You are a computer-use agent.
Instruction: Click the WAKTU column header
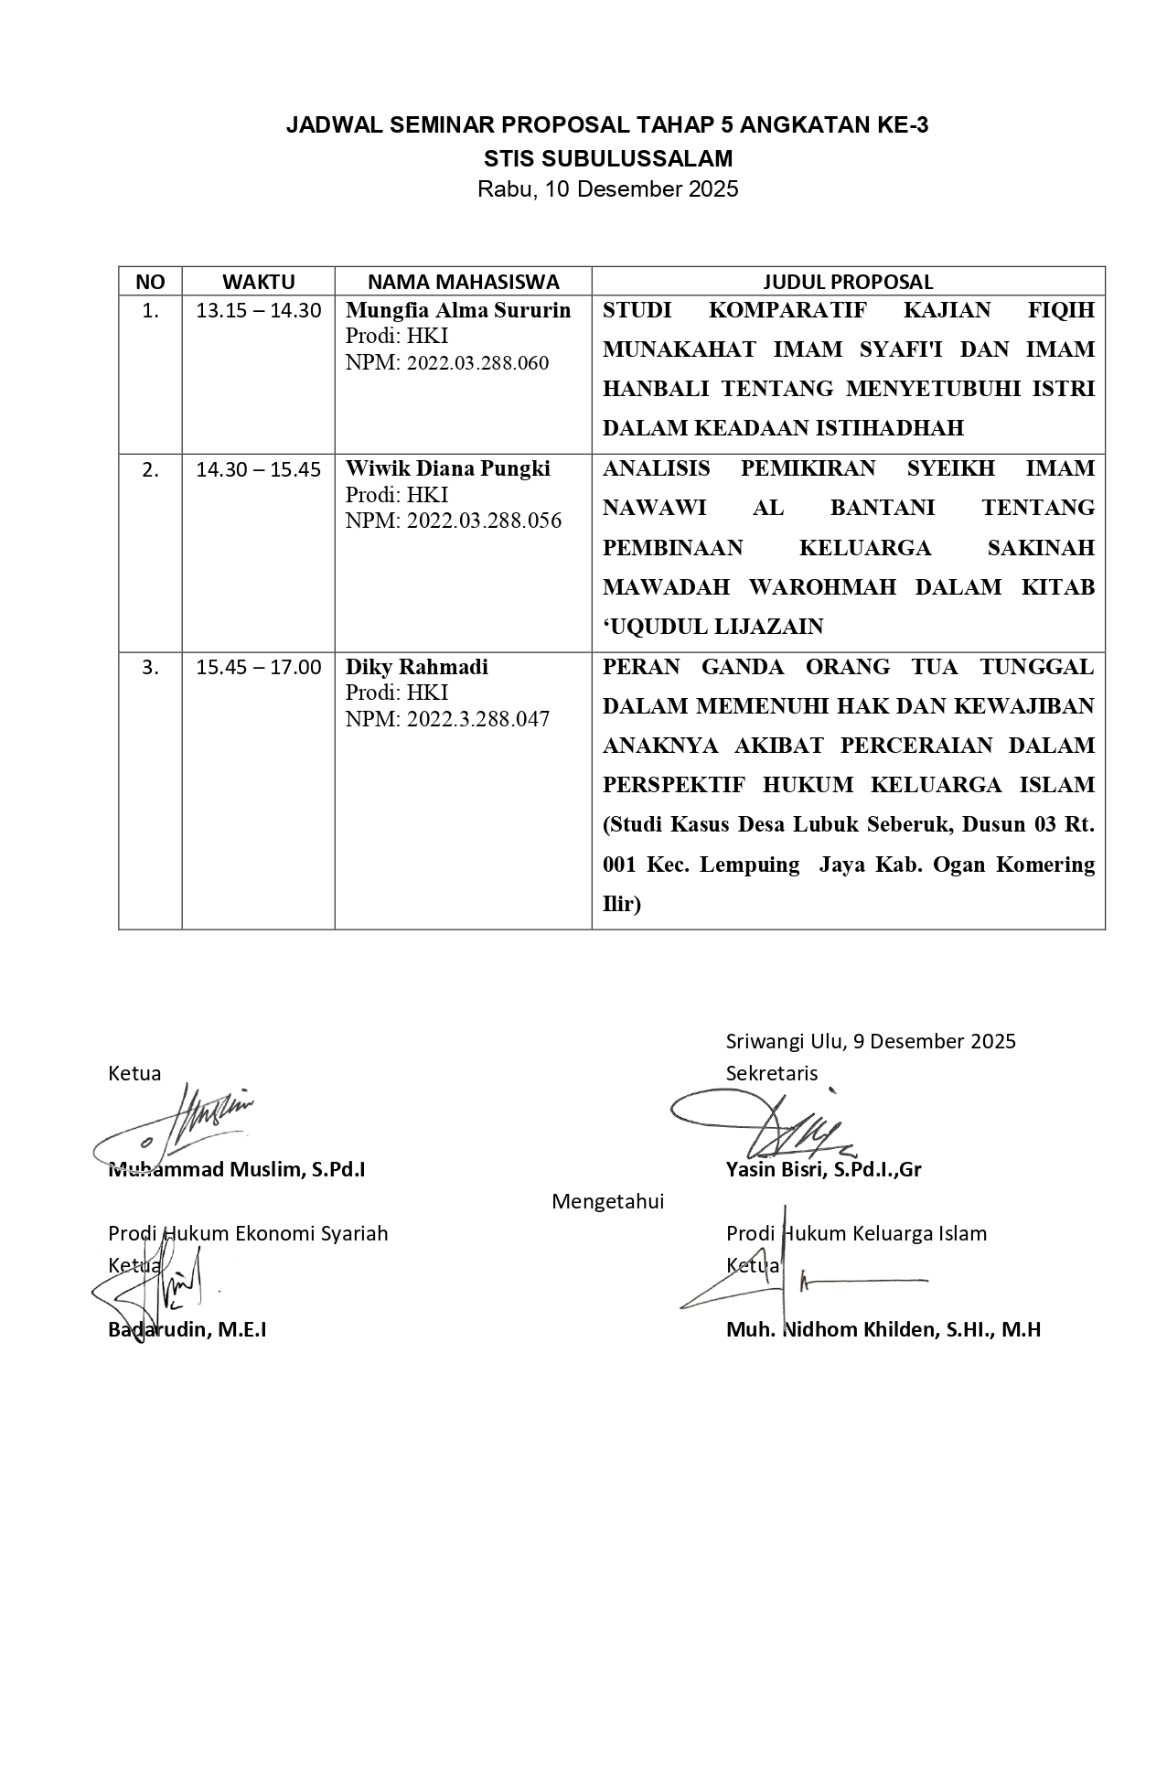[258, 282]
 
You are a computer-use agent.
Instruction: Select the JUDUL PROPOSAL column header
[848, 282]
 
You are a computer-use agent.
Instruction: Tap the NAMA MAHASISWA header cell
[463, 282]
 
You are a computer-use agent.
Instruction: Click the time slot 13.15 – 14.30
[259, 311]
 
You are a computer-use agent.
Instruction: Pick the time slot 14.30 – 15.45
[259, 470]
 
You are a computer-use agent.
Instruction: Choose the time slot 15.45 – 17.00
[259, 668]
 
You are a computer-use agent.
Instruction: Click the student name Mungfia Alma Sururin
[458, 310]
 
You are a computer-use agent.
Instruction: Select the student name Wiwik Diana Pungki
[448, 469]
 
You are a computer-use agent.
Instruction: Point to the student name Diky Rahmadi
[417, 667]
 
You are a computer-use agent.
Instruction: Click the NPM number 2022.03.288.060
[477, 363]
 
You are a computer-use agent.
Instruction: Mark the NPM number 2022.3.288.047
[477, 720]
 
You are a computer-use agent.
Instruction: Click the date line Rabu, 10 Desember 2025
[608, 190]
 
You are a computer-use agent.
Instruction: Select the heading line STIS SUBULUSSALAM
[608, 158]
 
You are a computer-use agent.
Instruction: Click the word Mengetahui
[608, 1201]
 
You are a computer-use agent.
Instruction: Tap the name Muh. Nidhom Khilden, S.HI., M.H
[883, 1329]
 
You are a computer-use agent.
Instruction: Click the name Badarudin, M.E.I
[187, 1329]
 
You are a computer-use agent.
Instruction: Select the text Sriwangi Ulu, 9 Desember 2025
[871, 1041]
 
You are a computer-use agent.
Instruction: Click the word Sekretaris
[772, 1073]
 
